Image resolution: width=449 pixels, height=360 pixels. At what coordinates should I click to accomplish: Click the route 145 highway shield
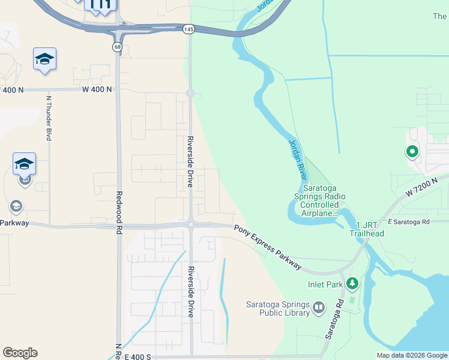click(188, 29)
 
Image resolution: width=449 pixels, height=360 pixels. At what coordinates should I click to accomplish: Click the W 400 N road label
click(97, 89)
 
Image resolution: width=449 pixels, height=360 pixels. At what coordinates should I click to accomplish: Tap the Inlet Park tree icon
click(352, 283)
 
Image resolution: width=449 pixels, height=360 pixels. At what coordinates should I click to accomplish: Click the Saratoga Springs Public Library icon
click(318, 308)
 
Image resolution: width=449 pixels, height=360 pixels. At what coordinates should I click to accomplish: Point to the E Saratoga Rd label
click(409, 222)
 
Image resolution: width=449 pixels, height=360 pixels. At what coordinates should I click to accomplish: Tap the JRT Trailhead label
click(367, 228)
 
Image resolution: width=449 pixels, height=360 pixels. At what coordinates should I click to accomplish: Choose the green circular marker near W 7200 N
click(412, 152)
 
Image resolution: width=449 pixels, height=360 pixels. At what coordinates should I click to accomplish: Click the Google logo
click(20, 353)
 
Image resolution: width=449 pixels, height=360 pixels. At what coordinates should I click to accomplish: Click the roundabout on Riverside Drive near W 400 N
click(190, 93)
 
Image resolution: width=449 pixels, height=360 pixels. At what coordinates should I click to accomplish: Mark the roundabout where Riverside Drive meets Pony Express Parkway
click(190, 224)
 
